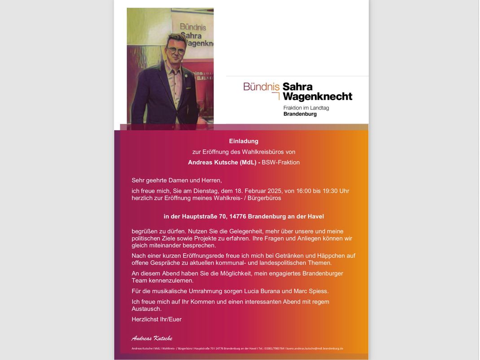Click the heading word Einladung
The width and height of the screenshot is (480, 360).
tap(244, 141)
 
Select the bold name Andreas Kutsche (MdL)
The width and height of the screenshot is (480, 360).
tap(222, 162)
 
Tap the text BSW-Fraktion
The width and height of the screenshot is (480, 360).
tap(281, 162)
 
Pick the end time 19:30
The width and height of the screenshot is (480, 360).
tap(330, 191)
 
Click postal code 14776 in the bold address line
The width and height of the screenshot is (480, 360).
tap(238, 216)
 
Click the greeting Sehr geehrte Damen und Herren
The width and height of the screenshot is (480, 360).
tap(176, 180)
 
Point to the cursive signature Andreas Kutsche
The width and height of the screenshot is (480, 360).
tap(152, 338)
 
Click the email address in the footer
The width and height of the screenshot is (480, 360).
tap(315, 348)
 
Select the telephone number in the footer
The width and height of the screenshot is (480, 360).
tap(274, 348)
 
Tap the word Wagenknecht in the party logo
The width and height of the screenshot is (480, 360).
tap(318, 97)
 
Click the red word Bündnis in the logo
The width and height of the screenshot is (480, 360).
tap(261, 86)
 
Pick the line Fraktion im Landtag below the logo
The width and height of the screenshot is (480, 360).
tap(306, 108)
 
